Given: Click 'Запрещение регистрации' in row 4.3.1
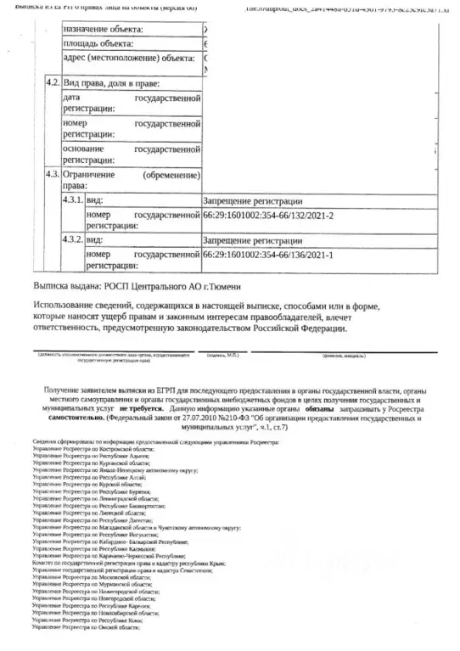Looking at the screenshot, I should tap(252, 202).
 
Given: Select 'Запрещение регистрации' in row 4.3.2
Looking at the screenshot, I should tap(252, 241).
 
